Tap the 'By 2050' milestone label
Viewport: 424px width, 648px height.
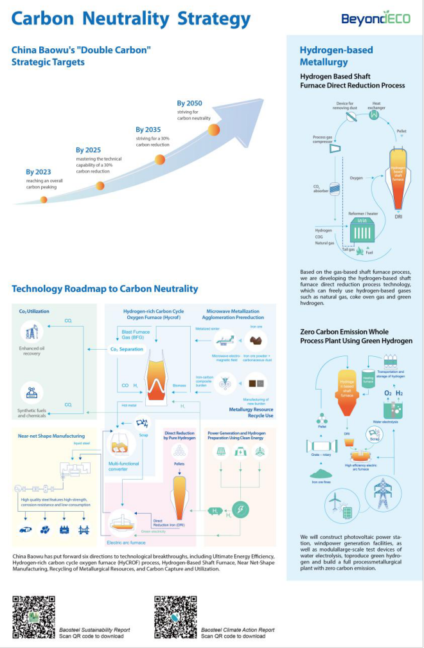point(190,104)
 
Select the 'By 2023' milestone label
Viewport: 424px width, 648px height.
point(39,172)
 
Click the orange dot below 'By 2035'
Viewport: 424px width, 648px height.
point(161,160)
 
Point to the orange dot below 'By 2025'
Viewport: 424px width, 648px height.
point(100,186)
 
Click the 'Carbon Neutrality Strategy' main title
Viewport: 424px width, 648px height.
point(131,18)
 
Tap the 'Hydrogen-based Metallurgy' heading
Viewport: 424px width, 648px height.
point(324,56)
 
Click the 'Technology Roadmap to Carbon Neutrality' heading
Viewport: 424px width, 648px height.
point(105,289)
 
